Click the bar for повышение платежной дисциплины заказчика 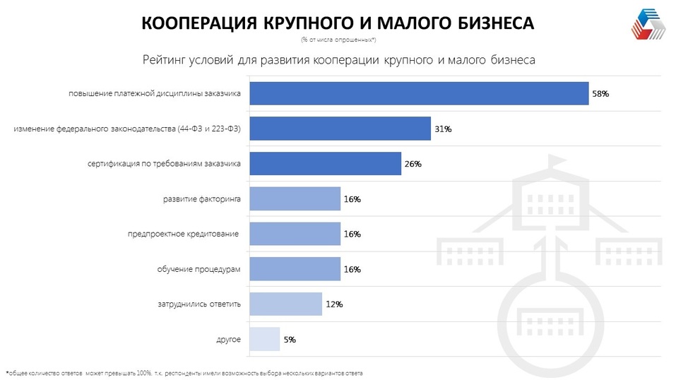(420, 93)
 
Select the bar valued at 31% (340, 129)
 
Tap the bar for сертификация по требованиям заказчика (326, 164)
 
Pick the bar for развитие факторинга (295, 199)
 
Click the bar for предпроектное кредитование (295, 234)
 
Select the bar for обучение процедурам (295, 269)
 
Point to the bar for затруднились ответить (286, 304)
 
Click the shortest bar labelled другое (265, 339)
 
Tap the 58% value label (600, 94)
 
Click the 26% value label (413, 164)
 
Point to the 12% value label (334, 304)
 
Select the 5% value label (290, 340)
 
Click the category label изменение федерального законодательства (127, 129)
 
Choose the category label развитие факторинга (202, 199)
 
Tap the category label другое (228, 339)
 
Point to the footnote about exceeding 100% (187, 372)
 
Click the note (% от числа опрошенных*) (338, 39)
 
